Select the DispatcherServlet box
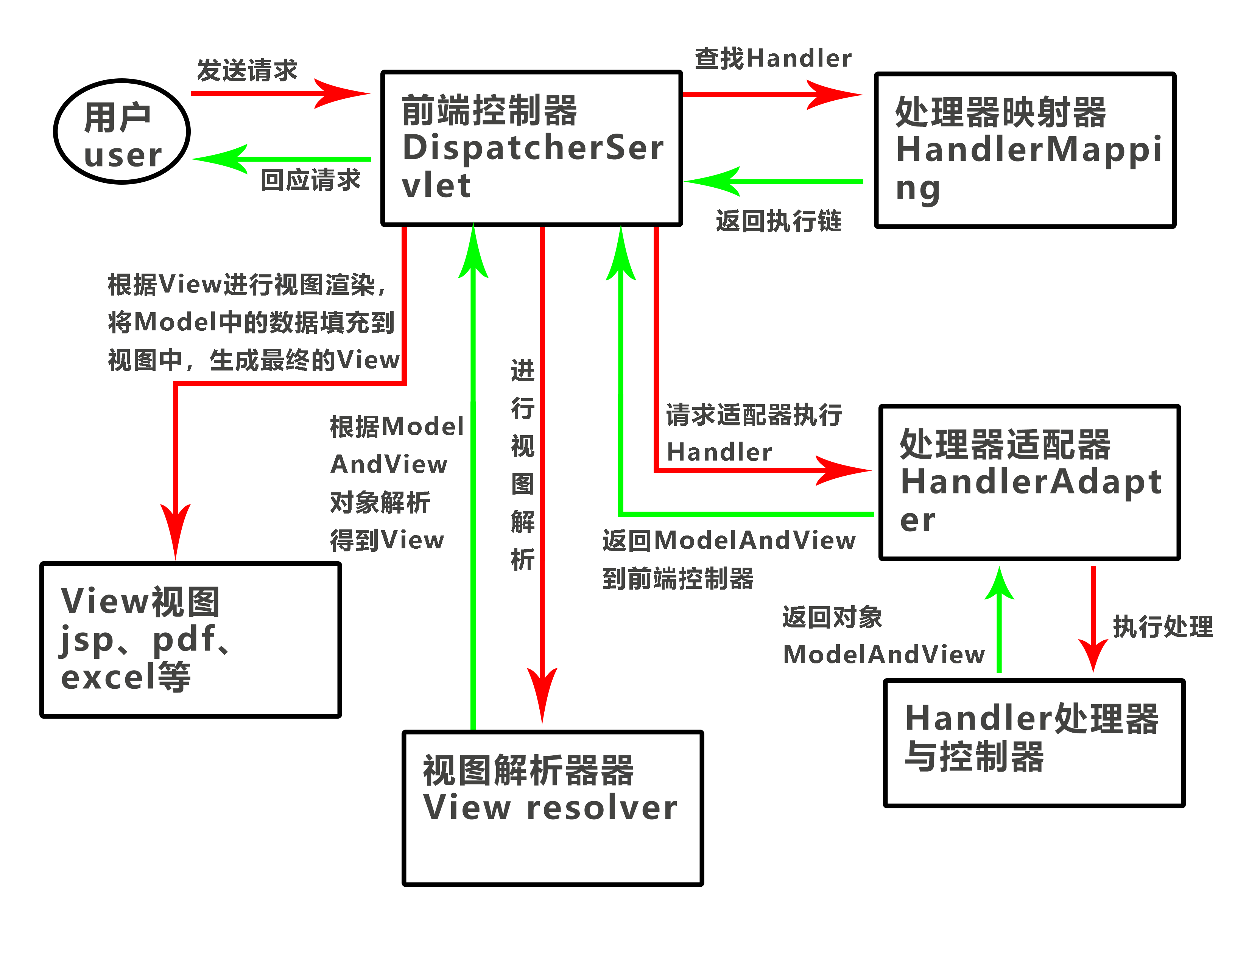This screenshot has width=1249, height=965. click(x=531, y=148)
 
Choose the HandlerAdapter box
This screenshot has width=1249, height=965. click(x=1029, y=482)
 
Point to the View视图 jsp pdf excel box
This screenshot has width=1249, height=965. click(x=190, y=639)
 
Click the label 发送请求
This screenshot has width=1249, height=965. click(x=247, y=70)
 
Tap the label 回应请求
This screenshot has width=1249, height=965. click(x=310, y=180)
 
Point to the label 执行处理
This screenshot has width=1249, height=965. click(x=1163, y=627)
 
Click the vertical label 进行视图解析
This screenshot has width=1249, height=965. click(x=522, y=464)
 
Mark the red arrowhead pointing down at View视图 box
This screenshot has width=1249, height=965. click(x=176, y=529)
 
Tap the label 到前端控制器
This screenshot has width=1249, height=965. click(x=678, y=579)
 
